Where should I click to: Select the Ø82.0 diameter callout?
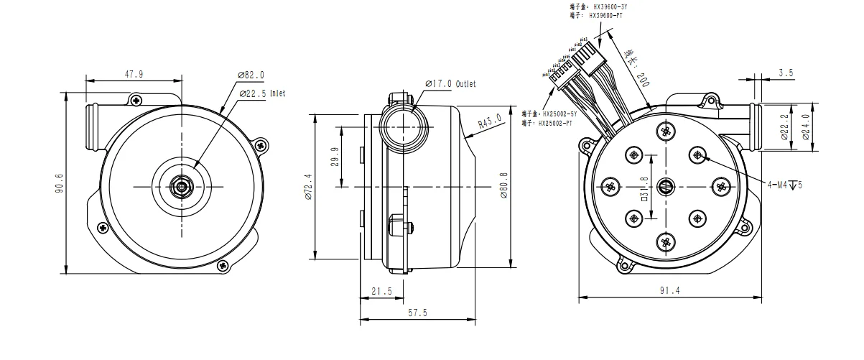[251, 74]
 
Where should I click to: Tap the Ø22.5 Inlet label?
[262, 93]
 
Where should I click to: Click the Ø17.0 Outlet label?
[450, 84]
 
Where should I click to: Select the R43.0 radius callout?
[491, 124]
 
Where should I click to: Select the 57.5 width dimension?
[416, 313]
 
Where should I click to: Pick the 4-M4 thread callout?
[784, 185]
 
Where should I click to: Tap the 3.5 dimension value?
[785, 73]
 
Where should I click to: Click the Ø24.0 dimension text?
[805, 127]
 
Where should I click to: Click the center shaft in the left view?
[180, 186]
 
